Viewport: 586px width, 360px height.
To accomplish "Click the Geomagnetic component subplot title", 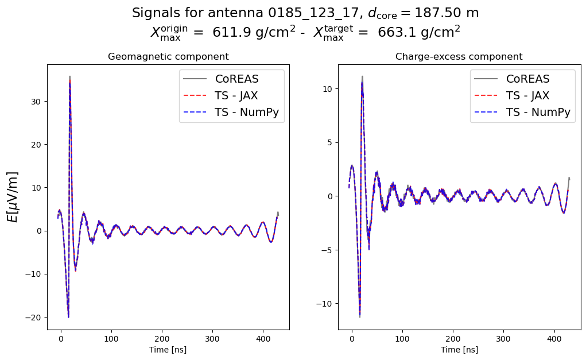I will pyautogui.click(x=168, y=57).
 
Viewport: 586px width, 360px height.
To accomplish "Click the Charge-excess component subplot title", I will pyautogui.click(x=459, y=57).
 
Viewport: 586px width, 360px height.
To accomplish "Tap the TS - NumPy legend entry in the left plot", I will pyautogui.click(x=246, y=112).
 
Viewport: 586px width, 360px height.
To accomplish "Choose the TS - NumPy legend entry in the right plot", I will pyautogui.click(x=538, y=112).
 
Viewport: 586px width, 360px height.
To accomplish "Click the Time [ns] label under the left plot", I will pyautogui.click(x=168, y=350).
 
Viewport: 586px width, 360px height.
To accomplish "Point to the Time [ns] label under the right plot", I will pyautogui.click(x=459, y=350).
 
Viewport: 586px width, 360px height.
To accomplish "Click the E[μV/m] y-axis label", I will pyautogui.click(x=13, y=196).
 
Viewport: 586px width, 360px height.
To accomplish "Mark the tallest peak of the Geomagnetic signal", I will pyautogui.click(x=69, y=77).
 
